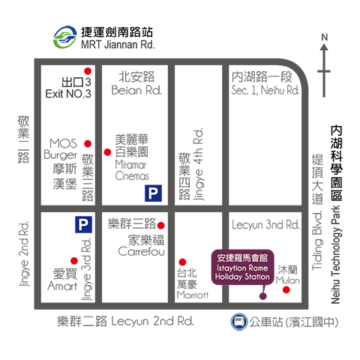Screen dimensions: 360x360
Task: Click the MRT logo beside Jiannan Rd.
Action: (64, 37)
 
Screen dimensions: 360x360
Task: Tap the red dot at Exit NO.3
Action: (88, 71)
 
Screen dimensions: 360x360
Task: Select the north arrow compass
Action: (324, 65)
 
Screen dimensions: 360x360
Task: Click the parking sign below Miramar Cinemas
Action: (153, 193)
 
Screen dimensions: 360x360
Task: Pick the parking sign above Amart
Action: (84, 224)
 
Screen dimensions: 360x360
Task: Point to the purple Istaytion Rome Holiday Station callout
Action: (242, 267)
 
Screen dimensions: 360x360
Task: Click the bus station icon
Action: (238, 322)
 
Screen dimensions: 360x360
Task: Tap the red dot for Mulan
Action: (286, 289)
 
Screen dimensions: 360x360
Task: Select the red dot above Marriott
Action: (182, 262)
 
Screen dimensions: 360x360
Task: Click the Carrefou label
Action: (141, 251)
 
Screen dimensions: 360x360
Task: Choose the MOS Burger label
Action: (61, 149)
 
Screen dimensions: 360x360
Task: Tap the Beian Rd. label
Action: (136, 90)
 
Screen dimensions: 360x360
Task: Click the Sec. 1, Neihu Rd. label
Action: (265, 90)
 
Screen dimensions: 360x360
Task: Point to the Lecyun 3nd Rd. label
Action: (265, 225)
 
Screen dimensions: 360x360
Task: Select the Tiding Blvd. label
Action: (317, 241)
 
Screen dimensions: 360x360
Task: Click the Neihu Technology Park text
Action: (336, 255)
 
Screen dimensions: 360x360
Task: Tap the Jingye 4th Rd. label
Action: (199, 164)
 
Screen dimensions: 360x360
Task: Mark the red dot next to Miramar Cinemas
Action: (107, 152)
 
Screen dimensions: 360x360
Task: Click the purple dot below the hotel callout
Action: (262, 296)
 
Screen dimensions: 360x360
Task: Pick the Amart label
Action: (62, 286)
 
